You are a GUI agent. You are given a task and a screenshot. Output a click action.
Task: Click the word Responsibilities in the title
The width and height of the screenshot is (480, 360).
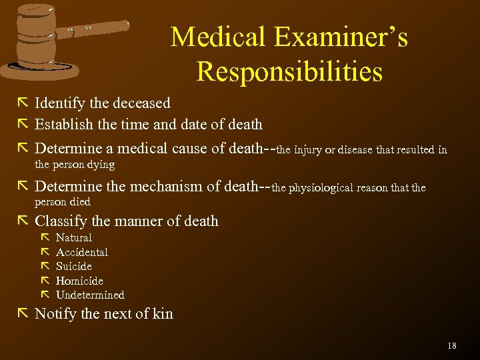pos(289,71)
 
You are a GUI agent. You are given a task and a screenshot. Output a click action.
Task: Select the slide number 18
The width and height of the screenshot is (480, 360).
pos(452,345)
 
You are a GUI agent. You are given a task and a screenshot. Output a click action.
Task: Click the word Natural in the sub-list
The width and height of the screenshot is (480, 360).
pos(74,238)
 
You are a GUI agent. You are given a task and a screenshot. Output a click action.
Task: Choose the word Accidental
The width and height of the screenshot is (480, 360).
pos(82,252)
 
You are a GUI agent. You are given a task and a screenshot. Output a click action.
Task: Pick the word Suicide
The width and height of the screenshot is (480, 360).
pos(74,266)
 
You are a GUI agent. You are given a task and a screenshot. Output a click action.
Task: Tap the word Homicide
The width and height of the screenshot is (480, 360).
pos(79,281)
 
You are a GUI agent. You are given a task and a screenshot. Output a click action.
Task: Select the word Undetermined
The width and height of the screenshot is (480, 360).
pos(90,295)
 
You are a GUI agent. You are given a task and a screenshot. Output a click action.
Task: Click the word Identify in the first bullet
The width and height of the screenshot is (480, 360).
pos(59,103)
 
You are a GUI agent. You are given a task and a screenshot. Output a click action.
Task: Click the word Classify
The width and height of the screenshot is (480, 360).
pos(61,221)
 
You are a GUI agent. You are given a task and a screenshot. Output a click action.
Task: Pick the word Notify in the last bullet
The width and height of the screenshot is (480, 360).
pos(55,314)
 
